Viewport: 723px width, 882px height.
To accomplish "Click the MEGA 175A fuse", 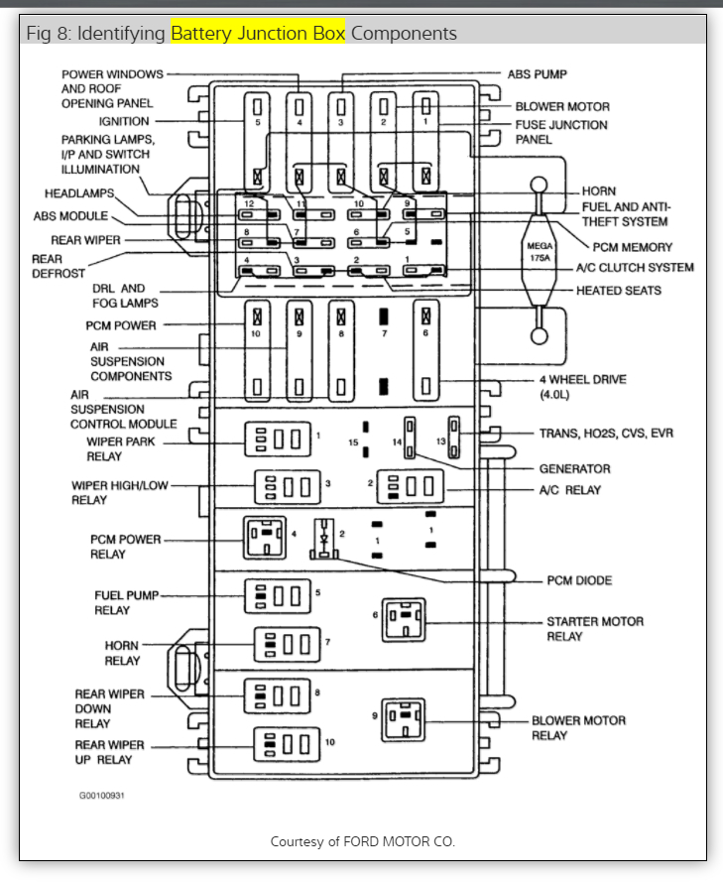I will (x=540, y=251).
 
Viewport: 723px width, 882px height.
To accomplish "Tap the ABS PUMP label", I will (x=537, y=73).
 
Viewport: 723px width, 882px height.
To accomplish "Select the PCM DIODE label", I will (x=579, y=579).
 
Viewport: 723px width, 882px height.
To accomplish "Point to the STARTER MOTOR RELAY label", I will (x=595, y=628).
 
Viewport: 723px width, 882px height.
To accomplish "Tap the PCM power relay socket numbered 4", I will (x=266, y=538).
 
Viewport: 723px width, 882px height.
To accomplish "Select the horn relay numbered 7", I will (x=287, y=646).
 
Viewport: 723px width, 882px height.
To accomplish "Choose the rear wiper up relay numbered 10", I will (x=287, y=744).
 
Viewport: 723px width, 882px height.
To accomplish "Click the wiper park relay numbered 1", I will (x=278, y=438).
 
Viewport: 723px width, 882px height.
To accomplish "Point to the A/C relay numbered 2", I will (x=409, y=486).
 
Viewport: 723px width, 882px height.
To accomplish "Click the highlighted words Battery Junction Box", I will (x=258, y=34).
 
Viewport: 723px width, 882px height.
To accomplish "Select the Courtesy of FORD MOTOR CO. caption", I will (x=362, y=841).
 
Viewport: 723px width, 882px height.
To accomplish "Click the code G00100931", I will (x=103, y=795).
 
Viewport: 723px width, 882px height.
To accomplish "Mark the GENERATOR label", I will (x=574, y=468).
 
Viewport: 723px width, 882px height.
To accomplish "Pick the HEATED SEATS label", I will (x=619, y=291).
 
